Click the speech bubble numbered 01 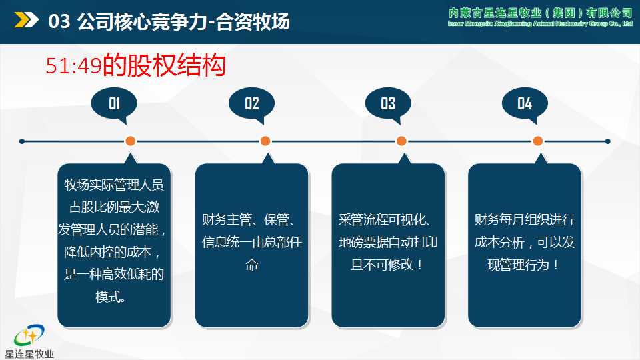pyautogui.click(x=114, y=104)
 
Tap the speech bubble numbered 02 pyautogui.click(x=251, y=104)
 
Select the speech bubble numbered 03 pyautogui.click(x=388, y=104)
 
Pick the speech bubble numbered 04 pyautogui.click(x=525, y=104)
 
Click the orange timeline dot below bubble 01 pyautogui.click(x=131, y=141)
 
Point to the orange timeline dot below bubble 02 pyautogui.click(x=265, y=141)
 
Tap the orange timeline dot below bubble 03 pyautogui.click(x=401, y=141)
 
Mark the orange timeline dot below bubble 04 pyautogui.click(x=538, y=141)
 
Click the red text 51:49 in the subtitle pyautogui.click(x=73, y=65)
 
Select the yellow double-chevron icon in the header pyautogui.click(x=26, y=21)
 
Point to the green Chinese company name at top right pyautogui.click(x=540, y=13)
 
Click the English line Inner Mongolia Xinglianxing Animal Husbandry pyautogui.click(x=540, y=24)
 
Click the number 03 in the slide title pyautogui.click(x=59, y=22)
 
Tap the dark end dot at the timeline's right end pyautogui.click(x=607, y=141)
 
